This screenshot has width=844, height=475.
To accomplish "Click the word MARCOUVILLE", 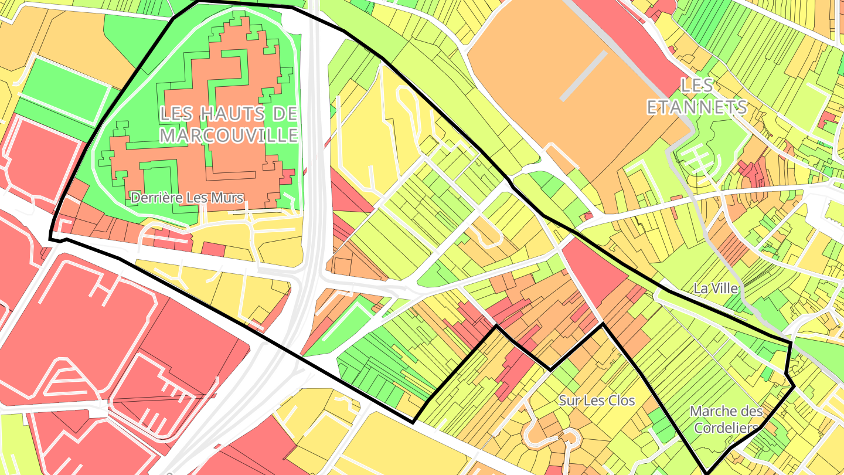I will (x=229, y=136).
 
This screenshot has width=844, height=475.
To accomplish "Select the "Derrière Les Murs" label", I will (x=186, y=198).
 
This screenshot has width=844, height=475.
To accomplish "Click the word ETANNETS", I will (x=696, y=107).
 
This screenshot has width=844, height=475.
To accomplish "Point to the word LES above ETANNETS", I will (x=697, y=86).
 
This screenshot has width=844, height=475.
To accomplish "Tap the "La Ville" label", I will (x=715, y=288).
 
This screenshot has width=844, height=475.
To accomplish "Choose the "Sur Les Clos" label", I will (x=597, y=401).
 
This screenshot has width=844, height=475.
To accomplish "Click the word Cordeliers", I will (x=726, y=428).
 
